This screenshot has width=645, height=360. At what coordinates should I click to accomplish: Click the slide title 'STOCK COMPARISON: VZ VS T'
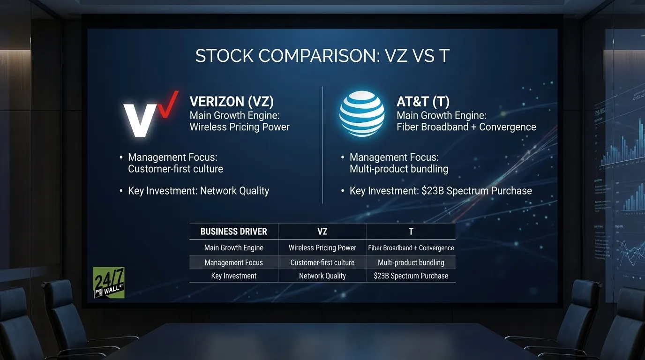322,56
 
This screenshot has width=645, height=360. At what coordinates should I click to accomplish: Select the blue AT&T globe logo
361,113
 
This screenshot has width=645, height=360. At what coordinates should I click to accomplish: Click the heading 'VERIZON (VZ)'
231,102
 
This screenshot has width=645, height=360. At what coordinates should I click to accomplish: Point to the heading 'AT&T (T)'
423,102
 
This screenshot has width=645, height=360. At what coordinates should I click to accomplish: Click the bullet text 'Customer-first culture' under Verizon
175,169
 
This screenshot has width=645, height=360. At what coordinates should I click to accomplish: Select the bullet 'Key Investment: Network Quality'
198,191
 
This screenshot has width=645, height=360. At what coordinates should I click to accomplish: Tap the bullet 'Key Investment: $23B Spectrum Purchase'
441,191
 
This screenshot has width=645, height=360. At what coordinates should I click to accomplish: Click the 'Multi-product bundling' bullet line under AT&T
399,169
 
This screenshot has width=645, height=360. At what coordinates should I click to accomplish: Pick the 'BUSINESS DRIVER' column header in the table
233,232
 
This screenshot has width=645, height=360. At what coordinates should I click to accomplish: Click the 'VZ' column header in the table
322,232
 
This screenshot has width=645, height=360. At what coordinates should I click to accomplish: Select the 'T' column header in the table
411,232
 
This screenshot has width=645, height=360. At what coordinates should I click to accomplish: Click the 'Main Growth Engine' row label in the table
233,248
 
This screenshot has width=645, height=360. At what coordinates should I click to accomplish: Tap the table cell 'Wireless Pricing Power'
322,248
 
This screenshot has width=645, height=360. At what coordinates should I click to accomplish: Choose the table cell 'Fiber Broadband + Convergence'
411,248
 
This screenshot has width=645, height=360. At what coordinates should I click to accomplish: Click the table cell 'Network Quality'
322,276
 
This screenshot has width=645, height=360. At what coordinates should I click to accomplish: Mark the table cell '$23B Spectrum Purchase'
411,276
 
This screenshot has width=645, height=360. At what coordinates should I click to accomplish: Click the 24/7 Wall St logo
109,283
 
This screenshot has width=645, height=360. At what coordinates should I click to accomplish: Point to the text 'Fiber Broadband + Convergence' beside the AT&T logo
466,127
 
